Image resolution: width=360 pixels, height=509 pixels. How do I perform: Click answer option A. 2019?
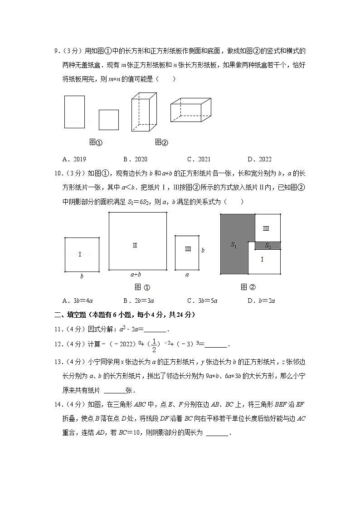tap(74, 159)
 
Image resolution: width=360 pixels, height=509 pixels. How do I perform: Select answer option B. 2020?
tap(135, 159)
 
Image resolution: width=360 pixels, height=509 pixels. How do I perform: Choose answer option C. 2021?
tap(199, 159)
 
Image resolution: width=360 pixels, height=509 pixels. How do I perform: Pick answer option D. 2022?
tap(259, 159)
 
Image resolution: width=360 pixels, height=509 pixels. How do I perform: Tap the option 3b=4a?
tap(78, 300)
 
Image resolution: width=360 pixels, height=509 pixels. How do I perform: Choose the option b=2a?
tap(261, 300)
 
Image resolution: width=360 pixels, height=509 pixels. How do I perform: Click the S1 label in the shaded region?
tap(234, 245)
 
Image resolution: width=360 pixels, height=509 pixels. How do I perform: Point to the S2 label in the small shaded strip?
tap(268, 246)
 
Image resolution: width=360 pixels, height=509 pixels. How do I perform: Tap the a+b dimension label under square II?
tap(136, 274)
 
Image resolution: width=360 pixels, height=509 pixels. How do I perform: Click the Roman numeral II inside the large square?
tap(135, 245)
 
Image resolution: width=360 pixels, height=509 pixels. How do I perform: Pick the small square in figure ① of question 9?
tap(109, 120)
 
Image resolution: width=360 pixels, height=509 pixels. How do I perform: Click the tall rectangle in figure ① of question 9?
tap(74, 111)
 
